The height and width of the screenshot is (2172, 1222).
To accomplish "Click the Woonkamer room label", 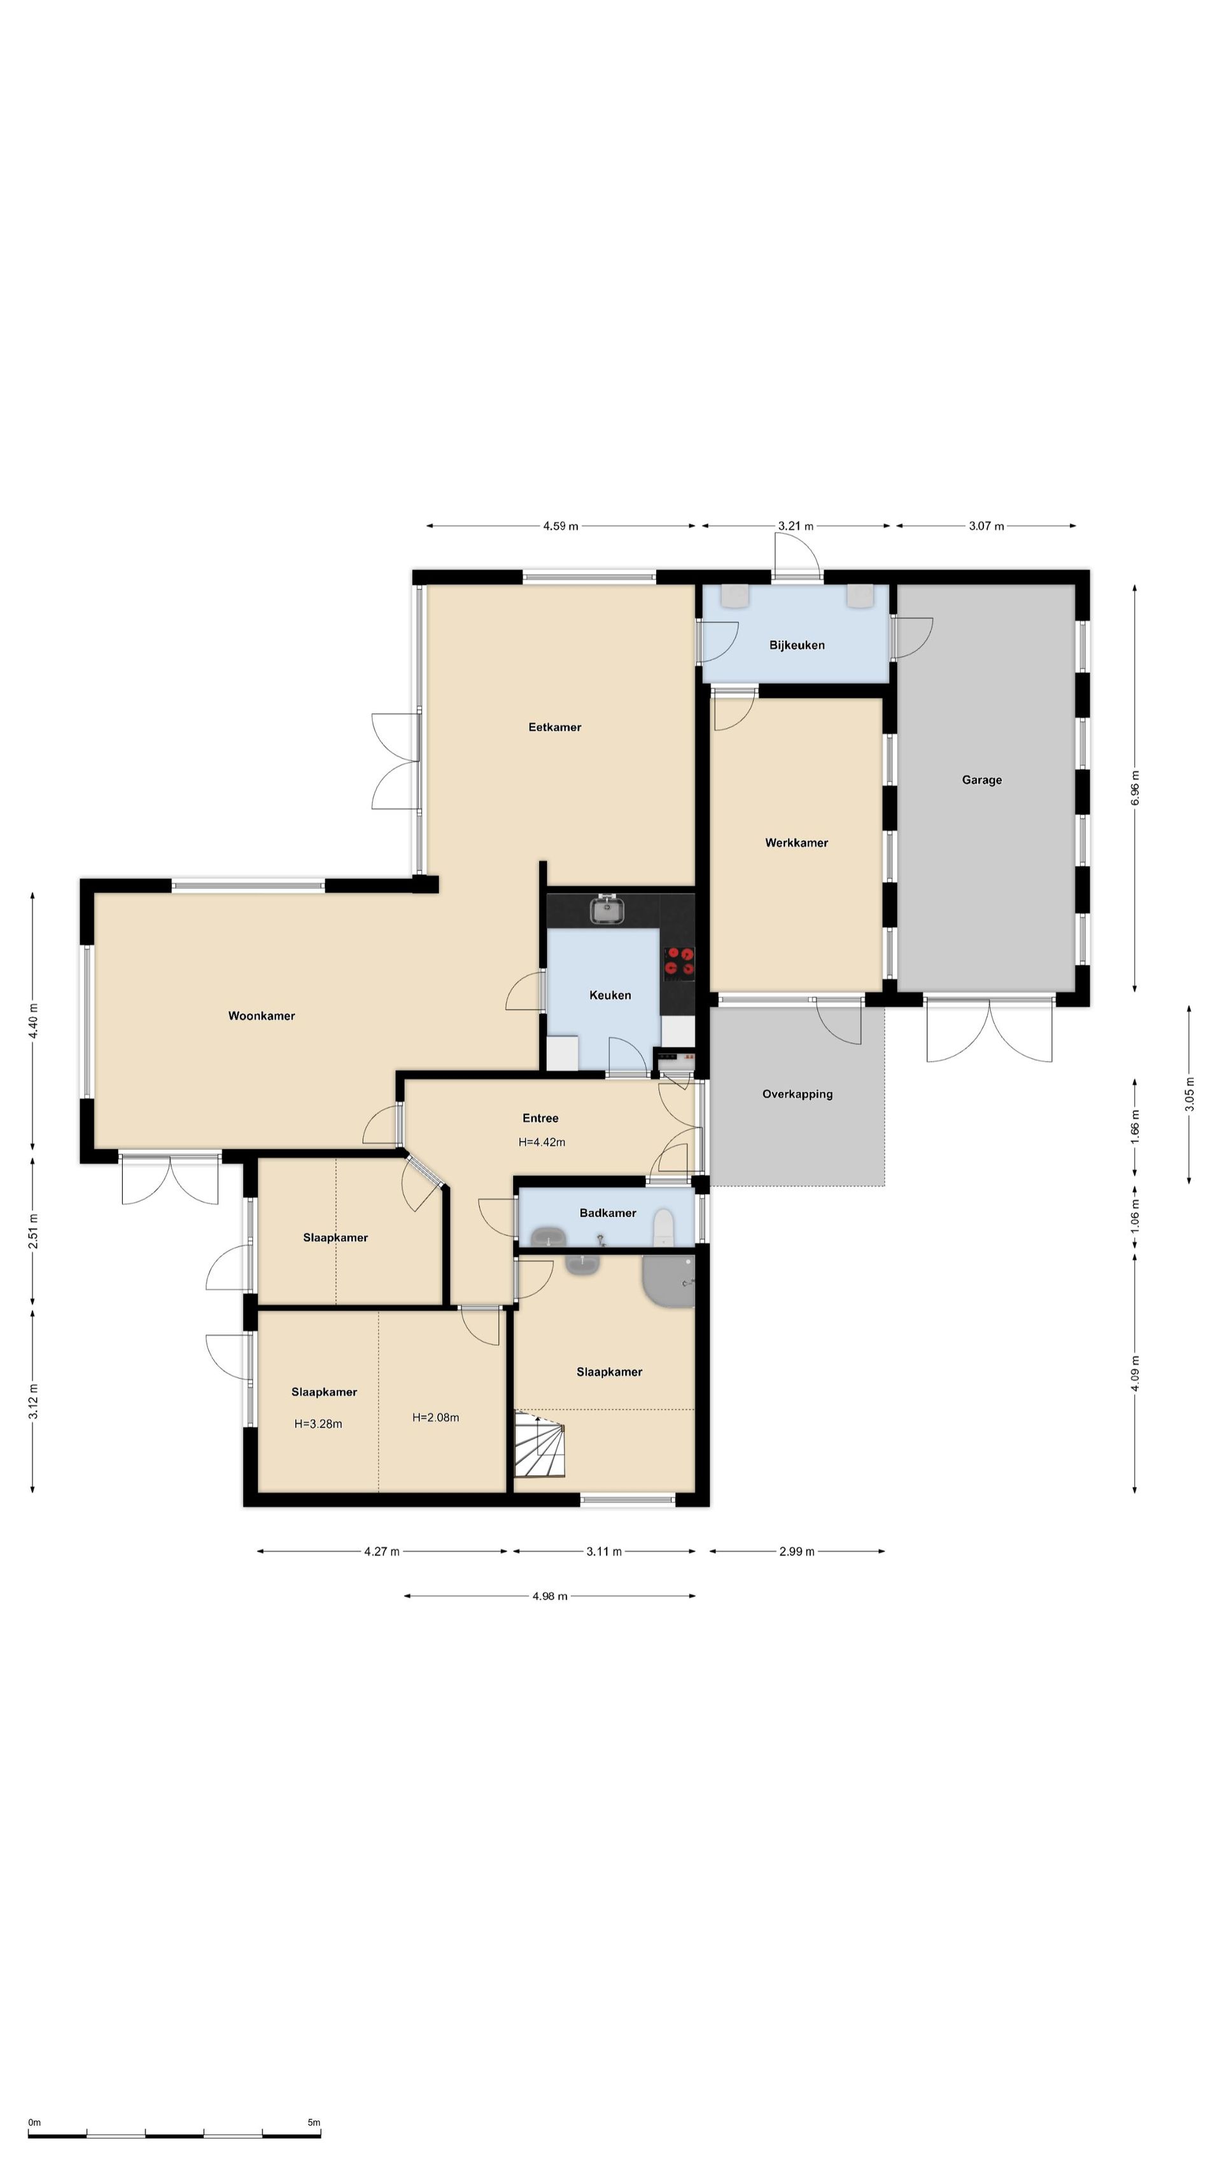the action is click(x=262, y=1016).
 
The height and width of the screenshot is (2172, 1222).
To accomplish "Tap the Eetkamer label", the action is click(x=555, y=727).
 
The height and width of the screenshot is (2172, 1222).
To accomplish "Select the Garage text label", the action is click(x=981, y=780).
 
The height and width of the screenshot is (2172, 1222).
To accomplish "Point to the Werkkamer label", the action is click(x=796, y=843).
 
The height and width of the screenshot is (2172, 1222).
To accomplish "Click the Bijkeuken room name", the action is click(x=797, y=645).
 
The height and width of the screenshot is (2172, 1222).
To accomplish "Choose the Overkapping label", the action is click(x=797, y=1095).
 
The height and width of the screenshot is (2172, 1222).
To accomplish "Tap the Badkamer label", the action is click(x=607, y=1212).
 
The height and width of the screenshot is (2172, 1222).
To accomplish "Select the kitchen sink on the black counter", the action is click(x=605, y=910).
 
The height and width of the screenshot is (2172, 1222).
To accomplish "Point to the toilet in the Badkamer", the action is click(x=664, y=1228).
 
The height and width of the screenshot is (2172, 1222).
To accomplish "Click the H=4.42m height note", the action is click(x=542, y=1142).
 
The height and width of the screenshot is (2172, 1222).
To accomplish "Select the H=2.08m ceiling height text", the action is click(x=435, y=1417).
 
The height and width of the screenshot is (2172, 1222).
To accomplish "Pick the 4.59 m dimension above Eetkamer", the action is click(x=561, y=526).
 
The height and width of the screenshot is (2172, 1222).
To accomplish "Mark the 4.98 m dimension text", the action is click(x=550, y=1596).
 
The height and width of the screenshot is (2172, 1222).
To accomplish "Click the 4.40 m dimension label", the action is click(x=33, y=1022).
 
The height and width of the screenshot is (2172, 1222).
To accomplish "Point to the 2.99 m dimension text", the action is click(x=797, y=1552).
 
